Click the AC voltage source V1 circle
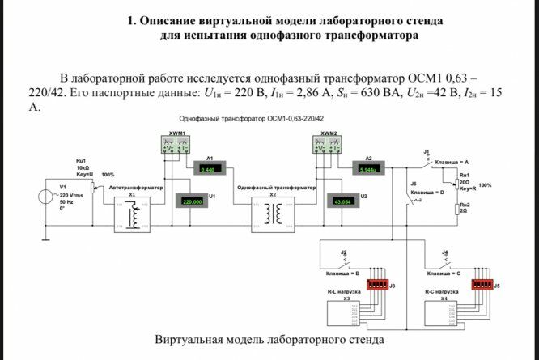pos(46,196)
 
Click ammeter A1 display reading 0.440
pos(209,169)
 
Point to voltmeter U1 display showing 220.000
pos(193,201)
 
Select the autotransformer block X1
pos(133,214)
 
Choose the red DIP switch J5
pos(482,285)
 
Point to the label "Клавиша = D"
pos(427,193)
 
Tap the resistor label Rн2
pos(465,205)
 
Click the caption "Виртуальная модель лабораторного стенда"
pos(269,339)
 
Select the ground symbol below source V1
pos(46,238)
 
